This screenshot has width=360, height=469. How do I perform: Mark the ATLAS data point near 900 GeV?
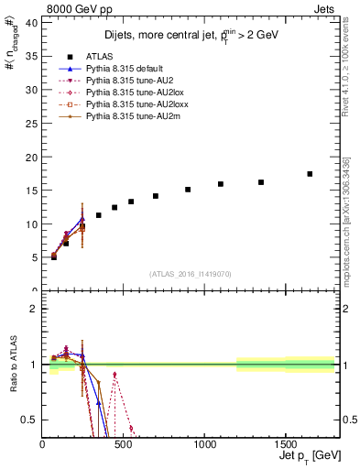pyautogui.click(x=188, y=190)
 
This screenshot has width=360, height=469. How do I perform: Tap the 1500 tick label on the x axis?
pyautogui.click(x=285, y=446)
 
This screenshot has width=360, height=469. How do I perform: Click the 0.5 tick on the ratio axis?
pyautogui.click(x=32, y=420)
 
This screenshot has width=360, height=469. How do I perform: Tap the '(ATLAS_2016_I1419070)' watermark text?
pyautogui.click(x=190, y=274)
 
